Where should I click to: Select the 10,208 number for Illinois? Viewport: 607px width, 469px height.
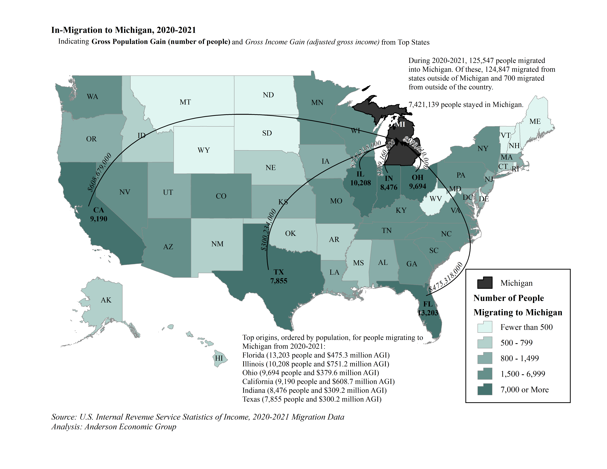[x=360, y=183]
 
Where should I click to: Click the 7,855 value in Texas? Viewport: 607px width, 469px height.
[x=279, y=281]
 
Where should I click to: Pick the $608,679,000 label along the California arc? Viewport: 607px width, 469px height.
[x=100, y=172]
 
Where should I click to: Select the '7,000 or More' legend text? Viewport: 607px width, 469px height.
[x=524, y=390]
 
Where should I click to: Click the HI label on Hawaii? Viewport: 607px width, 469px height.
[x=219, y=358]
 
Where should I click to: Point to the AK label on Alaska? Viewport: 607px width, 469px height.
[x=106, y=300]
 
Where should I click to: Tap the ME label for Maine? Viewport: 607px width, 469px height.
[x=535, y=121]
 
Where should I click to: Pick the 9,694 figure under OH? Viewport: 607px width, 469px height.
[x=418, y=186]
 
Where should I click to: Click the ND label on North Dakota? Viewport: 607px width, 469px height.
[x=268, y=95]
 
